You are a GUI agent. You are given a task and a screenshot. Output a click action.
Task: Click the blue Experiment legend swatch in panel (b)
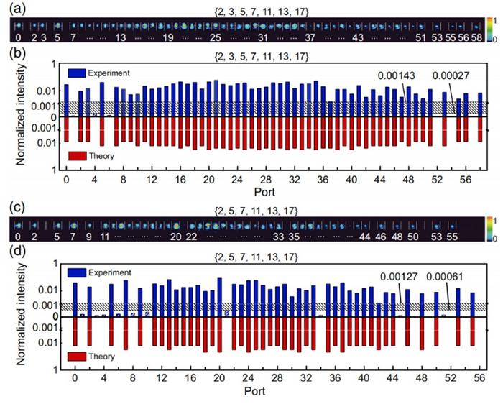pos(78,73)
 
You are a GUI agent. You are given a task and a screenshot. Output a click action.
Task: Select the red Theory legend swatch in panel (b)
pos(78,155)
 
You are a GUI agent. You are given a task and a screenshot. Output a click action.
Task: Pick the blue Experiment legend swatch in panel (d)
pos(78,273)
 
